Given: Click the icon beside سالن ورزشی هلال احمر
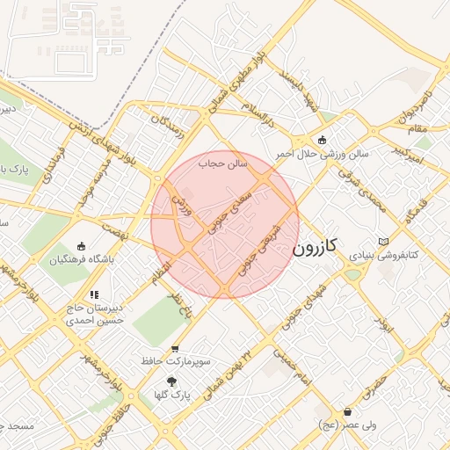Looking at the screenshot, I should tap(322, 140).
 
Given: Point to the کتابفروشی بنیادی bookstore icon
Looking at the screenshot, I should tap(381, 242).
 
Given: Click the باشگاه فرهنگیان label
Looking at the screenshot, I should tap(82, 260).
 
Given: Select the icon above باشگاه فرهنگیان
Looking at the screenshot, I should tap(82, 247).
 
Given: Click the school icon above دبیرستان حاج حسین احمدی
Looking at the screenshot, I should tap(94, 295).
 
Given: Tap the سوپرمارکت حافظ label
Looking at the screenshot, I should tap(176, 361).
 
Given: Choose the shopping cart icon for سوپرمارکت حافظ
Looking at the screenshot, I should tap(176, 348).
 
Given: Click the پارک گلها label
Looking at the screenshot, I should tap(172, 396).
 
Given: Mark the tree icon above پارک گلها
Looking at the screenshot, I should tap(171, 381).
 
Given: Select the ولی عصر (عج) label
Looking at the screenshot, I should tap(349, 425).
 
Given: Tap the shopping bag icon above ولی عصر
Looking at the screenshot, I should tap(349, 411).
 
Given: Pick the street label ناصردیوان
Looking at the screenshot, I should tap(419, 104).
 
